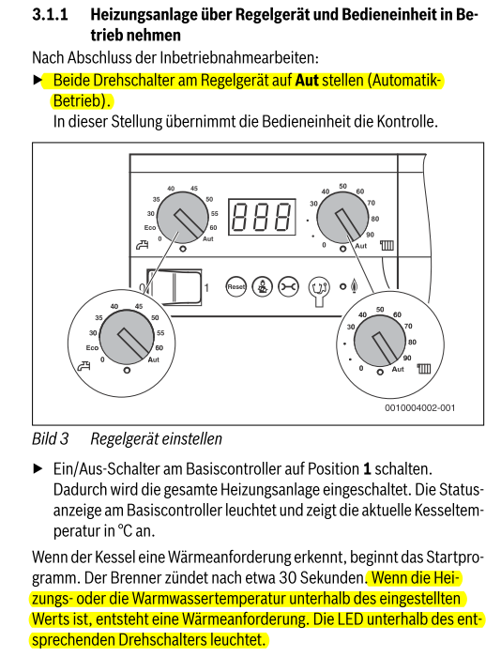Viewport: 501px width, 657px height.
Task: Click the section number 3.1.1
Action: [50, 15]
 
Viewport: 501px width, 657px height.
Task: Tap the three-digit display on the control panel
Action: [262, 217]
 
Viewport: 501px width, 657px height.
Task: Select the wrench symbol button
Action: [289, 286]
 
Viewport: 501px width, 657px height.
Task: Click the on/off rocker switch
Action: [175, 287]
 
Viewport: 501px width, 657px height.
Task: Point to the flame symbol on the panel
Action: [355, 286]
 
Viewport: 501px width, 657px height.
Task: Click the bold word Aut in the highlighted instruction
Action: [307, 80]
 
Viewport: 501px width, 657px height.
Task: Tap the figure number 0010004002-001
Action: [419, 407]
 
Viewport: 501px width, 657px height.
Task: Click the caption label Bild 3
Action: [51, 438]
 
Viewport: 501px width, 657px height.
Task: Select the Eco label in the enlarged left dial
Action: [92, 348]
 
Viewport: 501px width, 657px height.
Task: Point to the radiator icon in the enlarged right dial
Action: [423, 369]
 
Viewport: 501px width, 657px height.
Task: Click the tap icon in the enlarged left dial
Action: [83, 366]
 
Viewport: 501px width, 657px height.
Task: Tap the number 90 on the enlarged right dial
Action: [407, 358]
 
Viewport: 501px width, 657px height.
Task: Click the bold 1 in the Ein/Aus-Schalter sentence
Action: [367, 468]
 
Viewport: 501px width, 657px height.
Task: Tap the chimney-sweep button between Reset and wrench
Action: [263, 286]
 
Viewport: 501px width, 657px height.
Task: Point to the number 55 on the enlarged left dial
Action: [160, 333]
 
